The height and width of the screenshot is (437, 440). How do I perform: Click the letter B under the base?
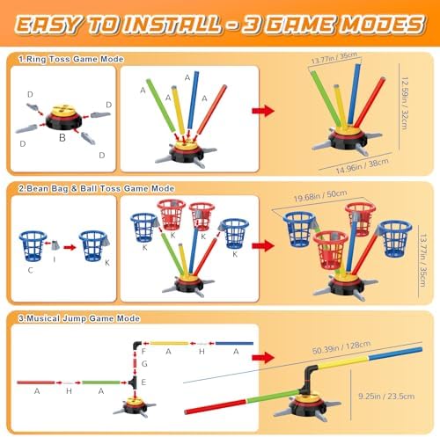[x=62, y=137]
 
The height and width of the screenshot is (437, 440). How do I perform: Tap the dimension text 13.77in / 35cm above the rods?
[x=334, y=58]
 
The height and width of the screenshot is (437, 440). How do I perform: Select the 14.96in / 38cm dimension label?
[x=363, y=166]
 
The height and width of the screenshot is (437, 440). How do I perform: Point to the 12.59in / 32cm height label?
[x=405, y=103]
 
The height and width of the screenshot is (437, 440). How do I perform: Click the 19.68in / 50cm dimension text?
[x=320, y=195]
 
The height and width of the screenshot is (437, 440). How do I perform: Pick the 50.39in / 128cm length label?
[x=341, y=347]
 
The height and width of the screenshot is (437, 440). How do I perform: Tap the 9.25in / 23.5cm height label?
[x=386, y=397]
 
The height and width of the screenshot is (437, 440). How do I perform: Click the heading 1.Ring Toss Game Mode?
[x=71, y=59]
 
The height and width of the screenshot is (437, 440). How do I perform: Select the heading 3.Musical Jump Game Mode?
[x=79, y=318]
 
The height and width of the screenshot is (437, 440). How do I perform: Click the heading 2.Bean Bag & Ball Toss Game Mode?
[x=97, y=188]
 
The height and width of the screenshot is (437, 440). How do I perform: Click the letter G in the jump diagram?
[x=144, y=364]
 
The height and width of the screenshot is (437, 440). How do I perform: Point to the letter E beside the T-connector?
[x=143, y=382]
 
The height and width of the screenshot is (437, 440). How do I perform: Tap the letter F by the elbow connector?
[x=143, y=351]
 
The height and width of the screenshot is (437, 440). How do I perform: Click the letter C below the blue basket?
[x=30, y=270]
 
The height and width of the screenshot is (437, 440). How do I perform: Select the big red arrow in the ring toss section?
[x=263, y=111]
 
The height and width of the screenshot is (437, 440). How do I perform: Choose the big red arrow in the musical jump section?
[x=263, y=357]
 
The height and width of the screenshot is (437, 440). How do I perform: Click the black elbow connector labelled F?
[x=136, y=346]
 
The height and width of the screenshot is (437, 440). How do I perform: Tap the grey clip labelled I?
[x=55, y=245]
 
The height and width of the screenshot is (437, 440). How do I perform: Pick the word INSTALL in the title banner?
[x=172, y=25]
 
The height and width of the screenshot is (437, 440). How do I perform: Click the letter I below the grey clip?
[x=55, y=259]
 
